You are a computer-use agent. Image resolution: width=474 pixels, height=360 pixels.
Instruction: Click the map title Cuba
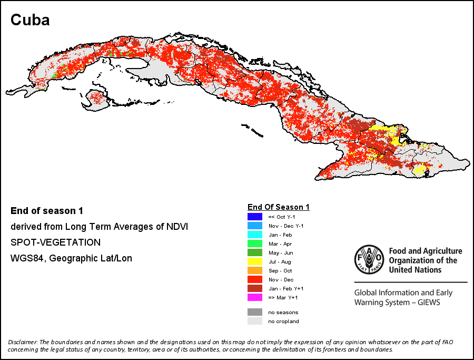tap(30, 20)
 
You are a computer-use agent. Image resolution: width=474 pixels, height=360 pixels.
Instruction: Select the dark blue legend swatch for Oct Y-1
tap(255, 217)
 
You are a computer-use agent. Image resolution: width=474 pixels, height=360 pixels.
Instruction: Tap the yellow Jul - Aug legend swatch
tap(255, 261)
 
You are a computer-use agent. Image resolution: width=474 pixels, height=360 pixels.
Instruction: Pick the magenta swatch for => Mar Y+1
tap(255, 297)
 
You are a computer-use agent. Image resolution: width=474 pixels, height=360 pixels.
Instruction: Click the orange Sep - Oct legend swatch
tap(255, 270)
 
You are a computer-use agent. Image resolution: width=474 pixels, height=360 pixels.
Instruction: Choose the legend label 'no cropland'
tap(283, 322)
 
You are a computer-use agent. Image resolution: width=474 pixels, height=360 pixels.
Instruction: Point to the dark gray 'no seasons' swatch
tap(255, 312)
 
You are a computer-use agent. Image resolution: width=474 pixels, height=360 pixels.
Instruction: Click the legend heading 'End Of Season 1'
tap(279, 207)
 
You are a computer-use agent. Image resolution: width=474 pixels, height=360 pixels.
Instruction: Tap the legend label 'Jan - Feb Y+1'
tap(286, 289)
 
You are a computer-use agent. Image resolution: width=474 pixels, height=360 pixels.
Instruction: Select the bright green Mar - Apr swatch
tap(255, 244)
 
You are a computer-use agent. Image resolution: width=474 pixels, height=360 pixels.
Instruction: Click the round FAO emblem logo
tap(369, 259)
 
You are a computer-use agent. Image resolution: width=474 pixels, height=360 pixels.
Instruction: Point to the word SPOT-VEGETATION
tap(56, 242)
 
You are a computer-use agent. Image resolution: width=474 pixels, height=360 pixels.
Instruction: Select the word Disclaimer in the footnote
tap(23, 342)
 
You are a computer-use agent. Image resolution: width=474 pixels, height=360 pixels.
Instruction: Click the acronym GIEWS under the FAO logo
tap(429, 302)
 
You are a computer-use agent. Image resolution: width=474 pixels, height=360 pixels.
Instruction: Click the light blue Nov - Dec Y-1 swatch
tap(255, 226)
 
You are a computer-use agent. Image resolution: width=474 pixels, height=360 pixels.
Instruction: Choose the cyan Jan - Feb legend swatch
tap(255, 235)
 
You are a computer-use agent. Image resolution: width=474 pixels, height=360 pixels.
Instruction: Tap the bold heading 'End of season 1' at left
tap(47, 211)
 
